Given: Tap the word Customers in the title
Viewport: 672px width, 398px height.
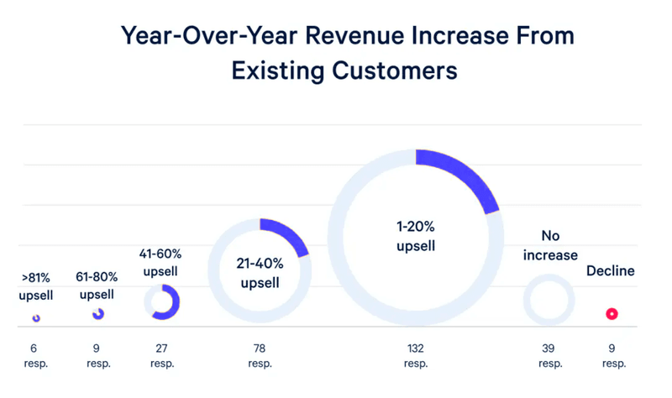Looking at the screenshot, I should [x=391, y=70].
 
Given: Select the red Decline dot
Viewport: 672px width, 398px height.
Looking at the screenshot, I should [x=612, y=314].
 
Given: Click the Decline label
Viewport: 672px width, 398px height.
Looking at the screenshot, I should [x=611, y=271].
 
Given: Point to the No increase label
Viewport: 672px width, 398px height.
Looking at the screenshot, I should [x=549, y=246].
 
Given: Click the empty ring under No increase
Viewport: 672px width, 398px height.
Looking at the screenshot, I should [x=549, y=300].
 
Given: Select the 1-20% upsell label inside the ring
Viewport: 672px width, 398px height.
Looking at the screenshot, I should [x=416, y=237].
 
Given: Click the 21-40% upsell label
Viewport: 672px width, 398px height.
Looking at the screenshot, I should [x=260, y=273].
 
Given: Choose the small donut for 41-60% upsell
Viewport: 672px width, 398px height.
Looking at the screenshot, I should [x=161, y=302].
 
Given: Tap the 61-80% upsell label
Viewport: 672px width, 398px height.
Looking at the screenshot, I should [x=97, y=285].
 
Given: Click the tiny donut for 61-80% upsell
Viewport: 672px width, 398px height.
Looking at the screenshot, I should [x=98, y=314].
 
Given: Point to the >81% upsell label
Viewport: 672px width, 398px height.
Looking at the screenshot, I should [x=35, y=285].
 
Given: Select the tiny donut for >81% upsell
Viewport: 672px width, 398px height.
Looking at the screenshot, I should [x=36, y=318].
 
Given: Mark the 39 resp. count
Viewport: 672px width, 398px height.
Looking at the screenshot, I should [x=549, y=356].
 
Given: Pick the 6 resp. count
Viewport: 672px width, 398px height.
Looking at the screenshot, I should [x=36, y=356].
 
